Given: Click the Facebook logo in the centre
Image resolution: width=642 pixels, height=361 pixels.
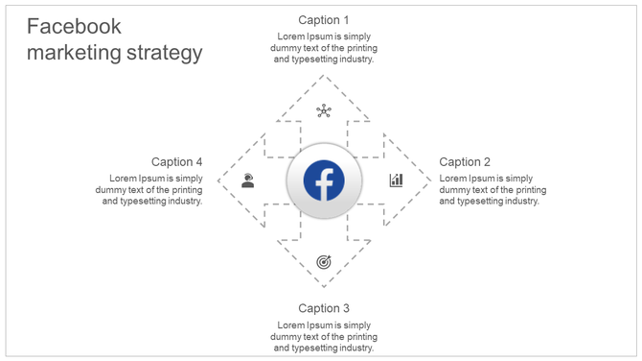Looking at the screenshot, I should (x=324, y=180).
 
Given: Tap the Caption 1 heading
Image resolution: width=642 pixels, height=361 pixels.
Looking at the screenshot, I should (x=324, y=20).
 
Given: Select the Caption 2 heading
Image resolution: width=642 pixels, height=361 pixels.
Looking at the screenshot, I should (x=465, y=162).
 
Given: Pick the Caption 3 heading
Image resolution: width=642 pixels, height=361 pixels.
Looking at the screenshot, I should (x=324, y=308).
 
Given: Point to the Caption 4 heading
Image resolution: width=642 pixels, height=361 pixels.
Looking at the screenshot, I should (x=177, y=162).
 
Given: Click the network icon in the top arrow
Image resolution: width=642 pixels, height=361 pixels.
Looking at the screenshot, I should (x=324, y=111).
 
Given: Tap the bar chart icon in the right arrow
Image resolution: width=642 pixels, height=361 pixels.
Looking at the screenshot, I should (x=396, y=180).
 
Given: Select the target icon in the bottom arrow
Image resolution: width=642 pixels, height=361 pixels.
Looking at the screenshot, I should (x=324, y=261).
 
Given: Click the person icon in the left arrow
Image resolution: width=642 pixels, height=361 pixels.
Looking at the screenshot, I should (x=248, y=180).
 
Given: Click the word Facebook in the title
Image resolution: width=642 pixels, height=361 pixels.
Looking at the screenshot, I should (x=74, y=27).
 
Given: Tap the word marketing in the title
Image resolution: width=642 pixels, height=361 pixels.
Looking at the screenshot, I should (x=75, y=53).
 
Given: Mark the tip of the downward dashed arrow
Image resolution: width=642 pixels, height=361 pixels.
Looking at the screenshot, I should (x=324, y=287).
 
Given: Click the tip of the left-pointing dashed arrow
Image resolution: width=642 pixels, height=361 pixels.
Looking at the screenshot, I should (x=218, y=180).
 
